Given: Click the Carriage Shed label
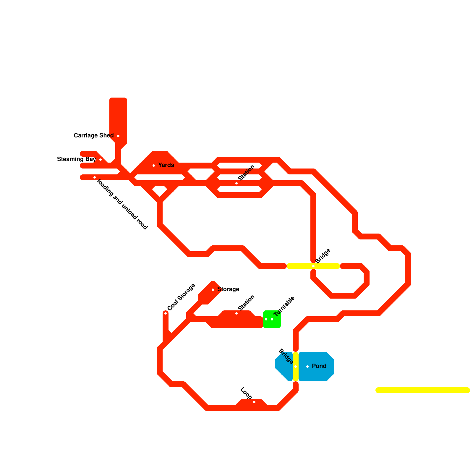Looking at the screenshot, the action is (93, 136).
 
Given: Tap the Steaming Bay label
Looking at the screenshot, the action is (76, 159).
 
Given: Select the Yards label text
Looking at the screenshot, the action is (166, 165).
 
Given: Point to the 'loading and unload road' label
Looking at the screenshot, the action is (122, 204).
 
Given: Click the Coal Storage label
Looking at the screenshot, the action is (181, 297).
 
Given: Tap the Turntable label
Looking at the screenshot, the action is (284, 306).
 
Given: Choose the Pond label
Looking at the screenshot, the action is (319, 366).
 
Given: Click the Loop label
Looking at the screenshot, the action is (246, 393).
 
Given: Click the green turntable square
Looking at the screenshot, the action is (272, 319).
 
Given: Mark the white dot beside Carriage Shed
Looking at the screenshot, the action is (118, 136).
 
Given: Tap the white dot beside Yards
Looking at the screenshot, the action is (154, 166).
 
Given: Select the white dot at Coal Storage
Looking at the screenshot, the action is (166, 313).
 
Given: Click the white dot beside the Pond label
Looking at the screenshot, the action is (307, 367).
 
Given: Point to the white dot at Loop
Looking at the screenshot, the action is (254, 402).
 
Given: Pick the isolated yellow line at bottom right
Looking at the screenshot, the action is (423, 390).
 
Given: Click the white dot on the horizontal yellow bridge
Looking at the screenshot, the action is (313, 266).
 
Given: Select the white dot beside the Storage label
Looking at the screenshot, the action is (213, 290).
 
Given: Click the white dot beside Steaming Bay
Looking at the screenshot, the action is (101, 160).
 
